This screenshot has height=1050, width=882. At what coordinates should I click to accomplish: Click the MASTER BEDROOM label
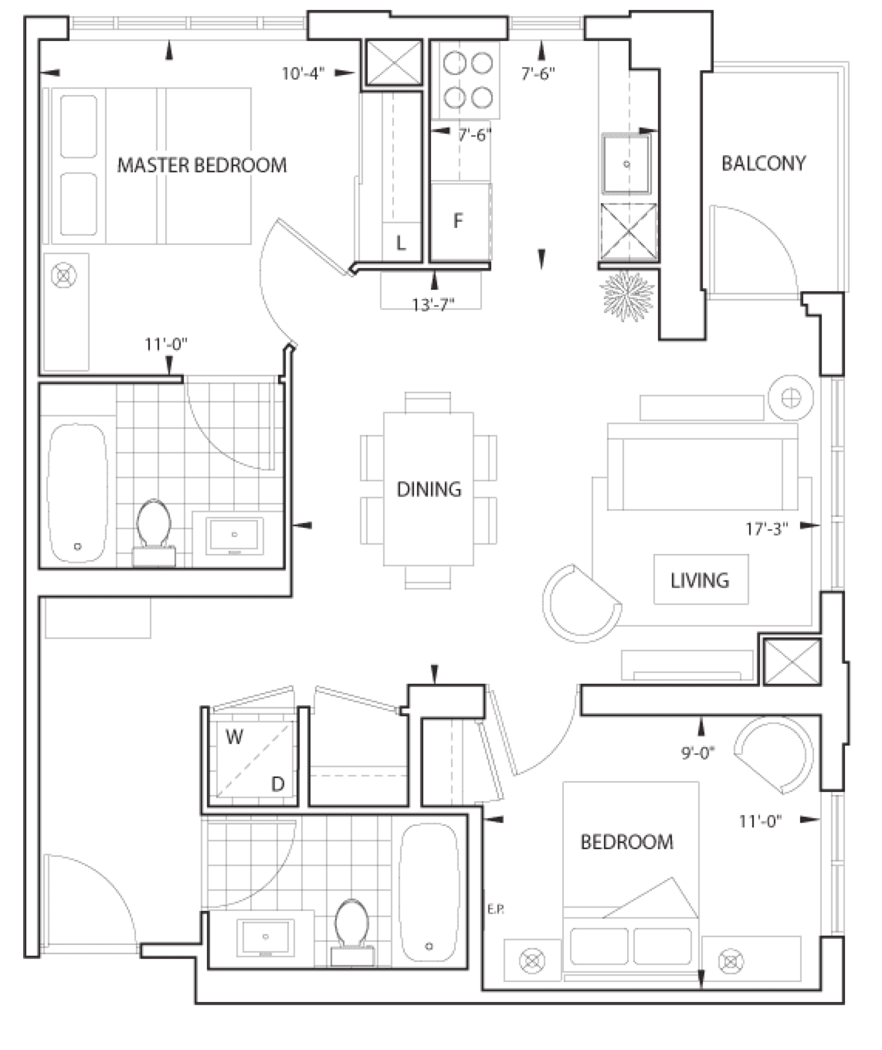point(202,165)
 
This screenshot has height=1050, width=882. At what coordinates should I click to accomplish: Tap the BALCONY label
point(763,164)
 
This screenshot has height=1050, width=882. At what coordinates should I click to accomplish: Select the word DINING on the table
point(429,489)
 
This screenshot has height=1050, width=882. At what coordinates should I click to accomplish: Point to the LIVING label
point(700,580)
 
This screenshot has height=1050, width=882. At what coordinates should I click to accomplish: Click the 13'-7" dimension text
point(433,304)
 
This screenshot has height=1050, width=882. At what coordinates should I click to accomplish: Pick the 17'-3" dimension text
point(767,529)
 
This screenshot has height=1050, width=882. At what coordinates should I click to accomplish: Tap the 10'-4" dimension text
point(304,74)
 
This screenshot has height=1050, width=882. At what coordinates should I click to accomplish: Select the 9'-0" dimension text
point(698,753)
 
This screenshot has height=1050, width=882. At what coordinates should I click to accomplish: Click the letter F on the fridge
point(457,221)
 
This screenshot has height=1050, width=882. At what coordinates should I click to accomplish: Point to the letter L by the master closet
point(401,243)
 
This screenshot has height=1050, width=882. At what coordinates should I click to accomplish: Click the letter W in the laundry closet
point(234,737)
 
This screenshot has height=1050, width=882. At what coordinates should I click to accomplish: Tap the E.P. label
point(495,909)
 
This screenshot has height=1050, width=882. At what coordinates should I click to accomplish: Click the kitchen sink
point(626,164)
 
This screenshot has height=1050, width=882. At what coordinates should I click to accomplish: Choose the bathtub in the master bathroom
point(78,493)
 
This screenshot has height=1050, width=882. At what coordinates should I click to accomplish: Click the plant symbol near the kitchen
point(627,296)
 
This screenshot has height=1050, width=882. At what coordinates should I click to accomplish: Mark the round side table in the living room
point(792,398)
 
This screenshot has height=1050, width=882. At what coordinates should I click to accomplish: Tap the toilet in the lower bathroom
point(352,934)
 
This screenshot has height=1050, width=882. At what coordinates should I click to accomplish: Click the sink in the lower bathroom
point(266,937)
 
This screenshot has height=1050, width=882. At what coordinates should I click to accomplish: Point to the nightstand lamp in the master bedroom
point(63,276)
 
